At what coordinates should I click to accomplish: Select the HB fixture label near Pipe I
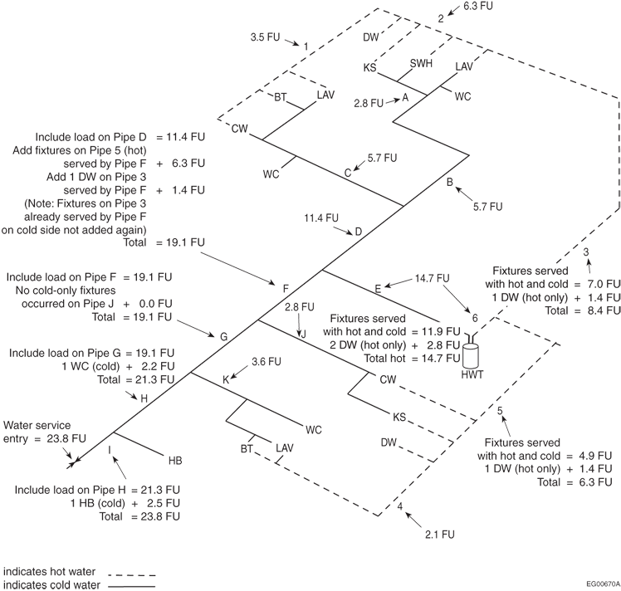pyautogui.click(x=176, y=458)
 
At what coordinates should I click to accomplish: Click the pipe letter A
pyautogui.click(x=405, y=97)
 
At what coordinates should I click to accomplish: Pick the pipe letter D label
pyautogui.click(x=358, y=232)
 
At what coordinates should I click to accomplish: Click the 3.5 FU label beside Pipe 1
pyautogui.click(x=265, y=38)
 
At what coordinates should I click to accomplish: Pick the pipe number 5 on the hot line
pyautogui.click(x=500, y=410)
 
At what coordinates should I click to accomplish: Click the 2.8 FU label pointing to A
pyautogui.click(x=369, y=104)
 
